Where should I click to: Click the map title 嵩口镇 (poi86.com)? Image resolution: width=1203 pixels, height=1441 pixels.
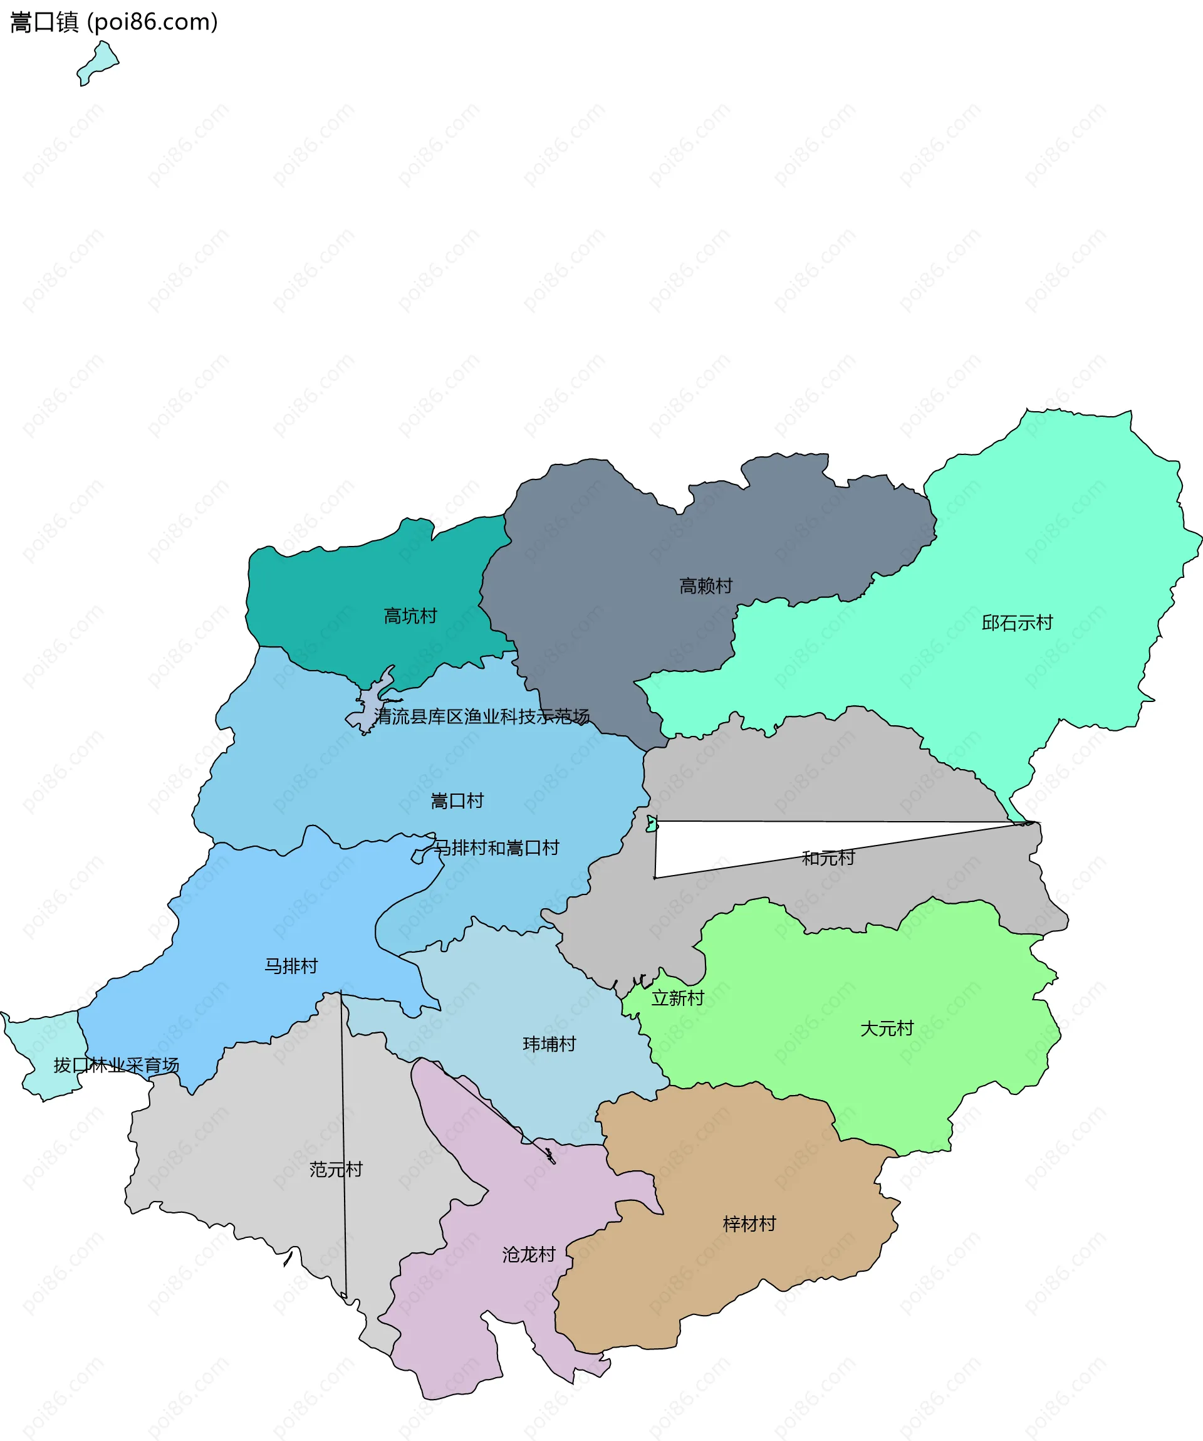114,22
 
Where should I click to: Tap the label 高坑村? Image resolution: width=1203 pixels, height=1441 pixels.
410,616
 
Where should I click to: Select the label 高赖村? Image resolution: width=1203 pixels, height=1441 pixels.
706,585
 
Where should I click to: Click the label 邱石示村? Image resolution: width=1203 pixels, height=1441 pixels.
1016,622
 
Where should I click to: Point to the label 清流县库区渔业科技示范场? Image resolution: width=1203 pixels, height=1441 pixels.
481,716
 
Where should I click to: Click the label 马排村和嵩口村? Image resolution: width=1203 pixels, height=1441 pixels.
497,847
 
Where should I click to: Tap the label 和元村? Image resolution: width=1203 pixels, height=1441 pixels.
828,857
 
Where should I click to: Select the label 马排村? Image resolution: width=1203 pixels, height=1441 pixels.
291,966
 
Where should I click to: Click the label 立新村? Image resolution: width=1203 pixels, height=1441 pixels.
678,998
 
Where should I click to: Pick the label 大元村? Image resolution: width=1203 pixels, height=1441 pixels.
887,1029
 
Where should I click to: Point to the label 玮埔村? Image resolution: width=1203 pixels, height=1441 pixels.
549,1044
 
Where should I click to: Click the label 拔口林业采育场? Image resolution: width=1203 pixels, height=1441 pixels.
117,1065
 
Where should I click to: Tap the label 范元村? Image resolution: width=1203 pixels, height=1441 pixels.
335,1169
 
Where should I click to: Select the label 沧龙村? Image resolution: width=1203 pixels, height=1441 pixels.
529,1255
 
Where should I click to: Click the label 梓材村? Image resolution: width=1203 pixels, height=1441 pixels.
749,1224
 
